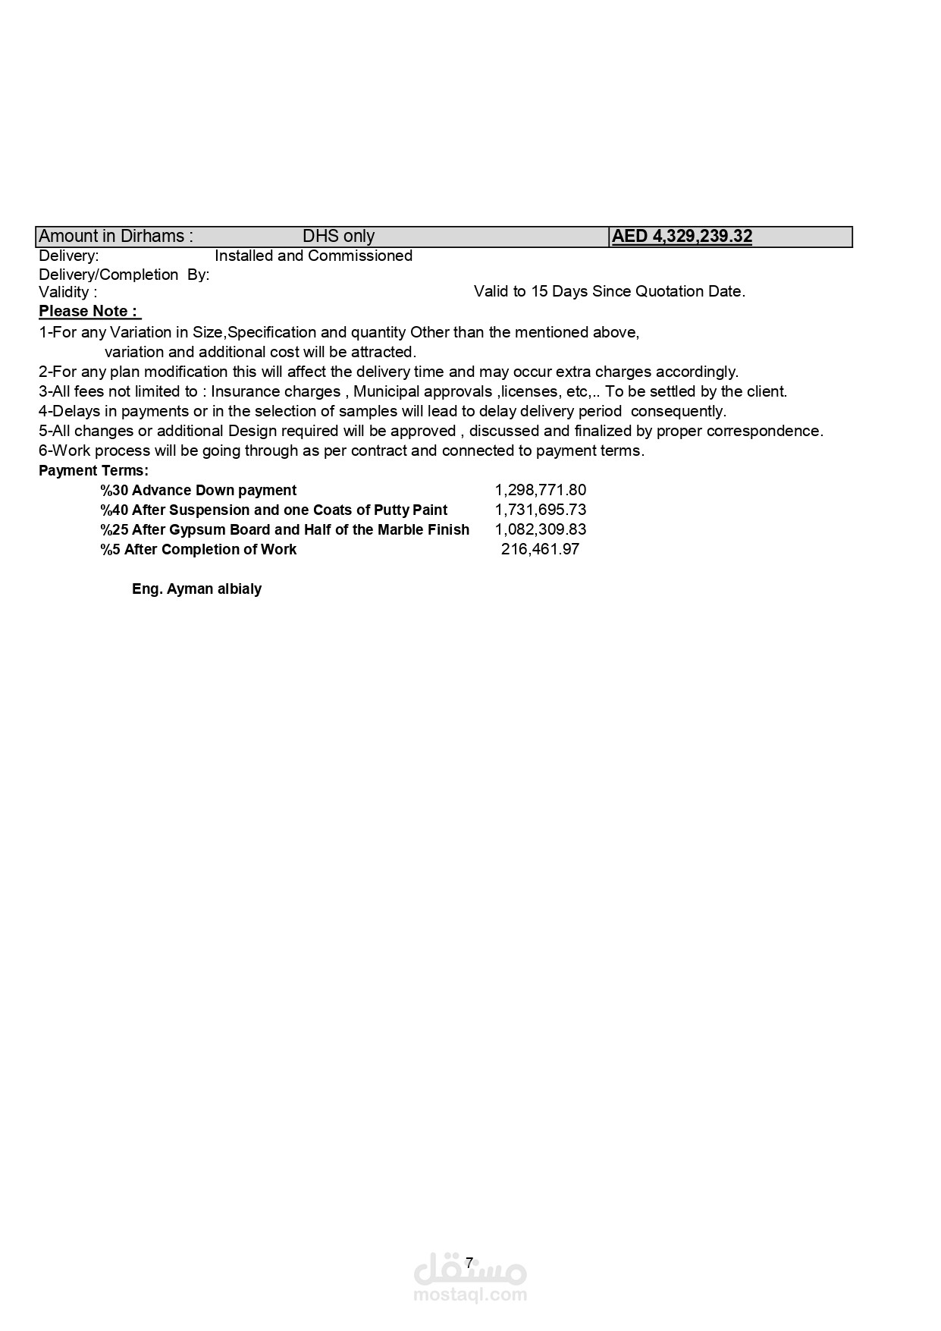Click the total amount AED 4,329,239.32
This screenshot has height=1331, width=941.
[x=682, y=237]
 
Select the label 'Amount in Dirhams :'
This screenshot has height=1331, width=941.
[x=115, y=237]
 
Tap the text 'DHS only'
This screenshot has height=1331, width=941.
[x=338, y=237]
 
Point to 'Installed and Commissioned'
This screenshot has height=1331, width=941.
[x=313, y=256]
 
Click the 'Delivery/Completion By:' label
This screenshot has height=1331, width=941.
[x=124, y=275]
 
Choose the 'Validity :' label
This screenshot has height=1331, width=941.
[x=67, y=292]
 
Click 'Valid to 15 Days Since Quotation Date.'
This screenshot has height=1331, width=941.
[x=609, y=292]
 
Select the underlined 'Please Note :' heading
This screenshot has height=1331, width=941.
[x=89, y=312]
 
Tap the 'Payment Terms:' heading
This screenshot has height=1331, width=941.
[x=93, y=471]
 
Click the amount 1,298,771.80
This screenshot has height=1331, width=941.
[x=540, y=491]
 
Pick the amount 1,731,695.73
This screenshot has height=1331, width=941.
[x=540, y=510]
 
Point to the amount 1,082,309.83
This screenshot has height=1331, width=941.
[x=540, y=530]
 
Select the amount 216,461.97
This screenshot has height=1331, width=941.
[x=540, y=550]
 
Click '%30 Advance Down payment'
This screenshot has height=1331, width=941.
[x=198, y=491]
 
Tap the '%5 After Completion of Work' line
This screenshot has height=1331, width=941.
[x=198, y=550]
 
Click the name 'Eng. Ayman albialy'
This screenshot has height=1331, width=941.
[x=196, y=589]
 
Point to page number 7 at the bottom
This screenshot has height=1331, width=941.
[x=469, y=1263]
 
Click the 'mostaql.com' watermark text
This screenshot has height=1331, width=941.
[x=470, y=1295]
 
